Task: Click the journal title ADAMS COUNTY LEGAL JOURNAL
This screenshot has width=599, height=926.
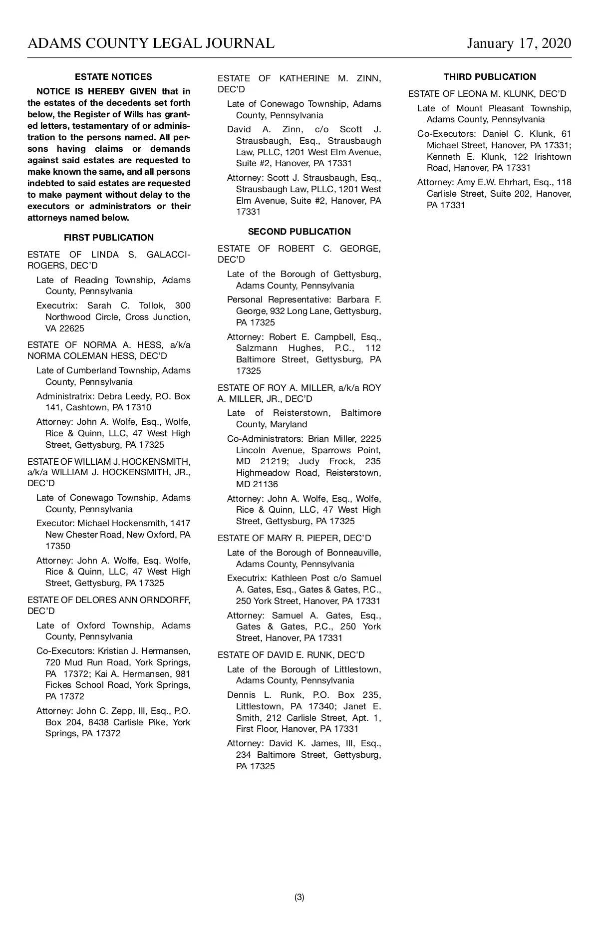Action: [151, 43]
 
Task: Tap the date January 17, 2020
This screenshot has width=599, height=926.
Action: [519, 43]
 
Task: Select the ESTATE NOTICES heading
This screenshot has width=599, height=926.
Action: [113, 77]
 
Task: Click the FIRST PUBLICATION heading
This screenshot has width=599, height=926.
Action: [109, 238]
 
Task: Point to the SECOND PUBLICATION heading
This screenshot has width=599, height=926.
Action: [299, 232]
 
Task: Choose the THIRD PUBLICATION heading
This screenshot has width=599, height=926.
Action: [490, 77]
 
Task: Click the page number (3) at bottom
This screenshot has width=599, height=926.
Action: [299, 897]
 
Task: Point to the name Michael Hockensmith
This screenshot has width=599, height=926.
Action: [122, 523]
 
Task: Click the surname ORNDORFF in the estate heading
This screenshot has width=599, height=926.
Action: [164, 600]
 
